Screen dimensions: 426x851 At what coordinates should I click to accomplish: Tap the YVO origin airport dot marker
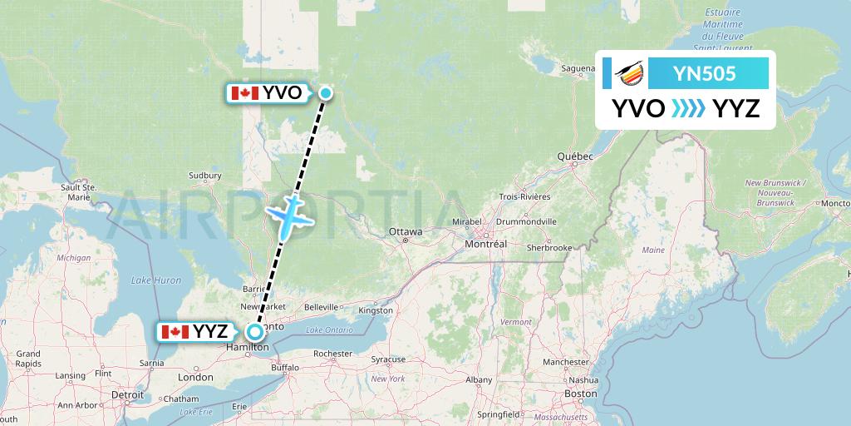point(326,93)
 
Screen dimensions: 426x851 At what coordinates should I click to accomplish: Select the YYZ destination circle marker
point(256,331)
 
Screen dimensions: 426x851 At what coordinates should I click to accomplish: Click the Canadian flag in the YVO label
point(245,93)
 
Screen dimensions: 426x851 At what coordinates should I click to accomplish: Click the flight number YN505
point(706,73)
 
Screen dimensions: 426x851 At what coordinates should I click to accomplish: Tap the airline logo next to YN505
point(629,74)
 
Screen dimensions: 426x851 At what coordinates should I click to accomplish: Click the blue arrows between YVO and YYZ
point(688,108)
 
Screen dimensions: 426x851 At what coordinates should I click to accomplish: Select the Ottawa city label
point(406,230)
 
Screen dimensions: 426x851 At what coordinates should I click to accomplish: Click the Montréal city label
point(487,244)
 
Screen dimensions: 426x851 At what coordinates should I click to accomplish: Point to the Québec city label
point(575,156)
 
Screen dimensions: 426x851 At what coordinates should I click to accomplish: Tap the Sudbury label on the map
point(205,176)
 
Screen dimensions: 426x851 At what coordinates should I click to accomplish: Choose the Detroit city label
point(128,394)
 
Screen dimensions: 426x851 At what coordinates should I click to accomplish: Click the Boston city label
point(580,394)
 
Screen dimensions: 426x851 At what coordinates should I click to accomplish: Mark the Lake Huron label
point(156,280)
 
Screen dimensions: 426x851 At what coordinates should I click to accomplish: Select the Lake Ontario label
point(323,331)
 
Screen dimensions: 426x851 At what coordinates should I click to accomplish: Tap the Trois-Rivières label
point(524,196)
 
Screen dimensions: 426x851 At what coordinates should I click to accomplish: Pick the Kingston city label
point(376,310)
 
